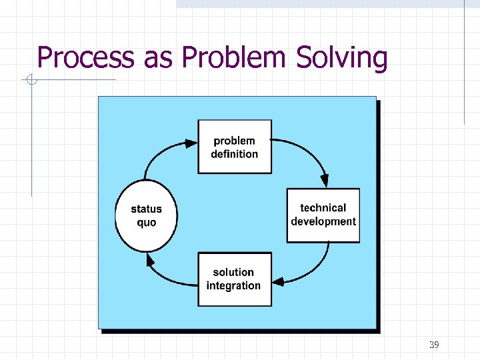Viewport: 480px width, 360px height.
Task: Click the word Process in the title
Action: [85, 58]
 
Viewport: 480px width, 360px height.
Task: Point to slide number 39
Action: [434, 345]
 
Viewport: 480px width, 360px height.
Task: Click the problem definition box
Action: [235, 147]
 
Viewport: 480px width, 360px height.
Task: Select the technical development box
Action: [323, 215]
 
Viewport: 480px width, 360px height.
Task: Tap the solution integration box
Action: [235, 279]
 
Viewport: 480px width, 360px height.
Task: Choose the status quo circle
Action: [147, 215]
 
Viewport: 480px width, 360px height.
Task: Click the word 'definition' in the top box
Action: [235, 154]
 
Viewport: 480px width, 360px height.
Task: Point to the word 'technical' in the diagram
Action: [323, 208]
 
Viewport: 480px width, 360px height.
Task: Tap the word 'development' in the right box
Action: [323, 221]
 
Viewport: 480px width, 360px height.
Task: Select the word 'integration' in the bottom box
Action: [233, 286]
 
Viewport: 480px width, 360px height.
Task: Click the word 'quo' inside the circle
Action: [147, 223]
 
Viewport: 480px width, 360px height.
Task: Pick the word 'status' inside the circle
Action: [147, 209]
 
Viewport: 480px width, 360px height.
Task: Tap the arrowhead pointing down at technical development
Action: [325, 181]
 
